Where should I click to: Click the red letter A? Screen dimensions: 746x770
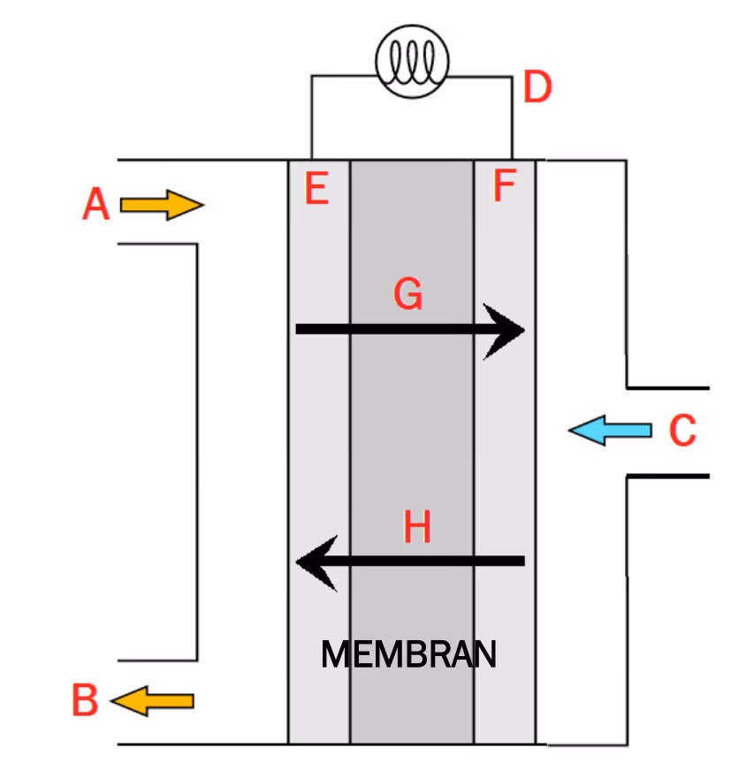(x=95, y=203)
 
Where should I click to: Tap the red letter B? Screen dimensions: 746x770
(x=85, y=699)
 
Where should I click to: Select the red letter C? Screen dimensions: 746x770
(x=682, y=430)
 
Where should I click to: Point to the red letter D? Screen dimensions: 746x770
(x=537, y=86)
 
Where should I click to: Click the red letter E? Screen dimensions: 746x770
(x=316, y=188)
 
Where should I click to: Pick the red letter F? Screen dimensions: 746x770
(x=504, y=185)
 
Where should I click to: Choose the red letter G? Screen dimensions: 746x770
(x=407, y=293)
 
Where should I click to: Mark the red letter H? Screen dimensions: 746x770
(x=416, y=526)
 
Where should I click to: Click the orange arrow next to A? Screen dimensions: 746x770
(x=162, y=205)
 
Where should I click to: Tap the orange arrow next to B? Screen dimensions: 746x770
(x=152, y=701)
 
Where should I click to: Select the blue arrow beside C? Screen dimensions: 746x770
(x=611, y=430)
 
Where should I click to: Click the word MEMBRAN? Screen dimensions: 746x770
(x=409, y=654)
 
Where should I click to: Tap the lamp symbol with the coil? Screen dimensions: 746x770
(x=412, y=62)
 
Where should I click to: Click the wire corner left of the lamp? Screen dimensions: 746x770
(x=312, y=76)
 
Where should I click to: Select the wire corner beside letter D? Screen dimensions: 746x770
(x=512, y=77)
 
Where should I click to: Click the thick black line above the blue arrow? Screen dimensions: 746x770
(x=668, y=388)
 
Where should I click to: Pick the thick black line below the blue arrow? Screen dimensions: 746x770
(x=668, y=476)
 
